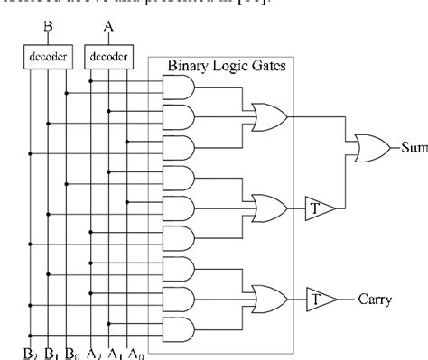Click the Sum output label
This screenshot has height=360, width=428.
[x=413, y=146]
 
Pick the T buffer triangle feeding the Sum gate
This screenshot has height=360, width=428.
[x=319, y=208]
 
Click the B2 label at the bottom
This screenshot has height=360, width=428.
[x=31, y=352]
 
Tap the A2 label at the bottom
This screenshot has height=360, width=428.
[x=92, y=352]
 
